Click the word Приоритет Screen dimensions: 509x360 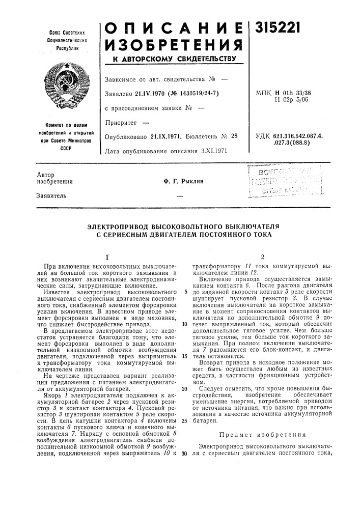(121, 123)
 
